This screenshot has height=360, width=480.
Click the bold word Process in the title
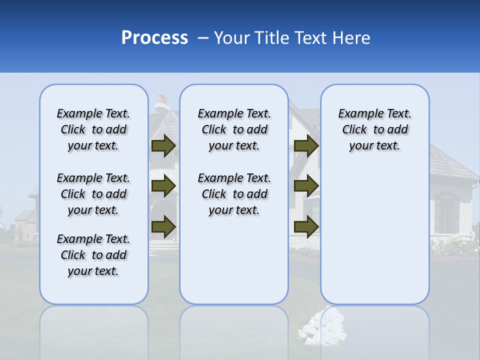pyautogui.click(x=154, y=38)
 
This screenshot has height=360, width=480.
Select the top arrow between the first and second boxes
pyautogui.click(x=163, y=146)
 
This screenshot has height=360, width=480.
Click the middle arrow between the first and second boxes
pyautogui.click(x=163, y=186)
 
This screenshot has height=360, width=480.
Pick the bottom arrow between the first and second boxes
pyautogui.click(x=163, y=226)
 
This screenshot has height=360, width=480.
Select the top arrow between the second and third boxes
pyautogui.click(x=306, y=146)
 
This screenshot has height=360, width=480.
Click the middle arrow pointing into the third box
pyautogui.click(x=306, y=186)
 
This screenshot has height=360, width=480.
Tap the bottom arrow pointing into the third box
pyautogui.click(x=306, y=226)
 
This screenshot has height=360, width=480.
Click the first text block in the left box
pyautogui.click(x=93, y=129)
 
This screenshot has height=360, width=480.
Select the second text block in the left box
pyautogui.click(x=93, y=194)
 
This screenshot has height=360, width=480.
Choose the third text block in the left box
pyautogui.click(x=93, y=255)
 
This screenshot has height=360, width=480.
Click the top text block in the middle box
pyautogui.click(x=234, y=129)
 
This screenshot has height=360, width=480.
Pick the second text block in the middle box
pyautogui.click(x=234, y=194)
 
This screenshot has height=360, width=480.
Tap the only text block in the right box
pyautogui.click(x=374, y=129)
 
